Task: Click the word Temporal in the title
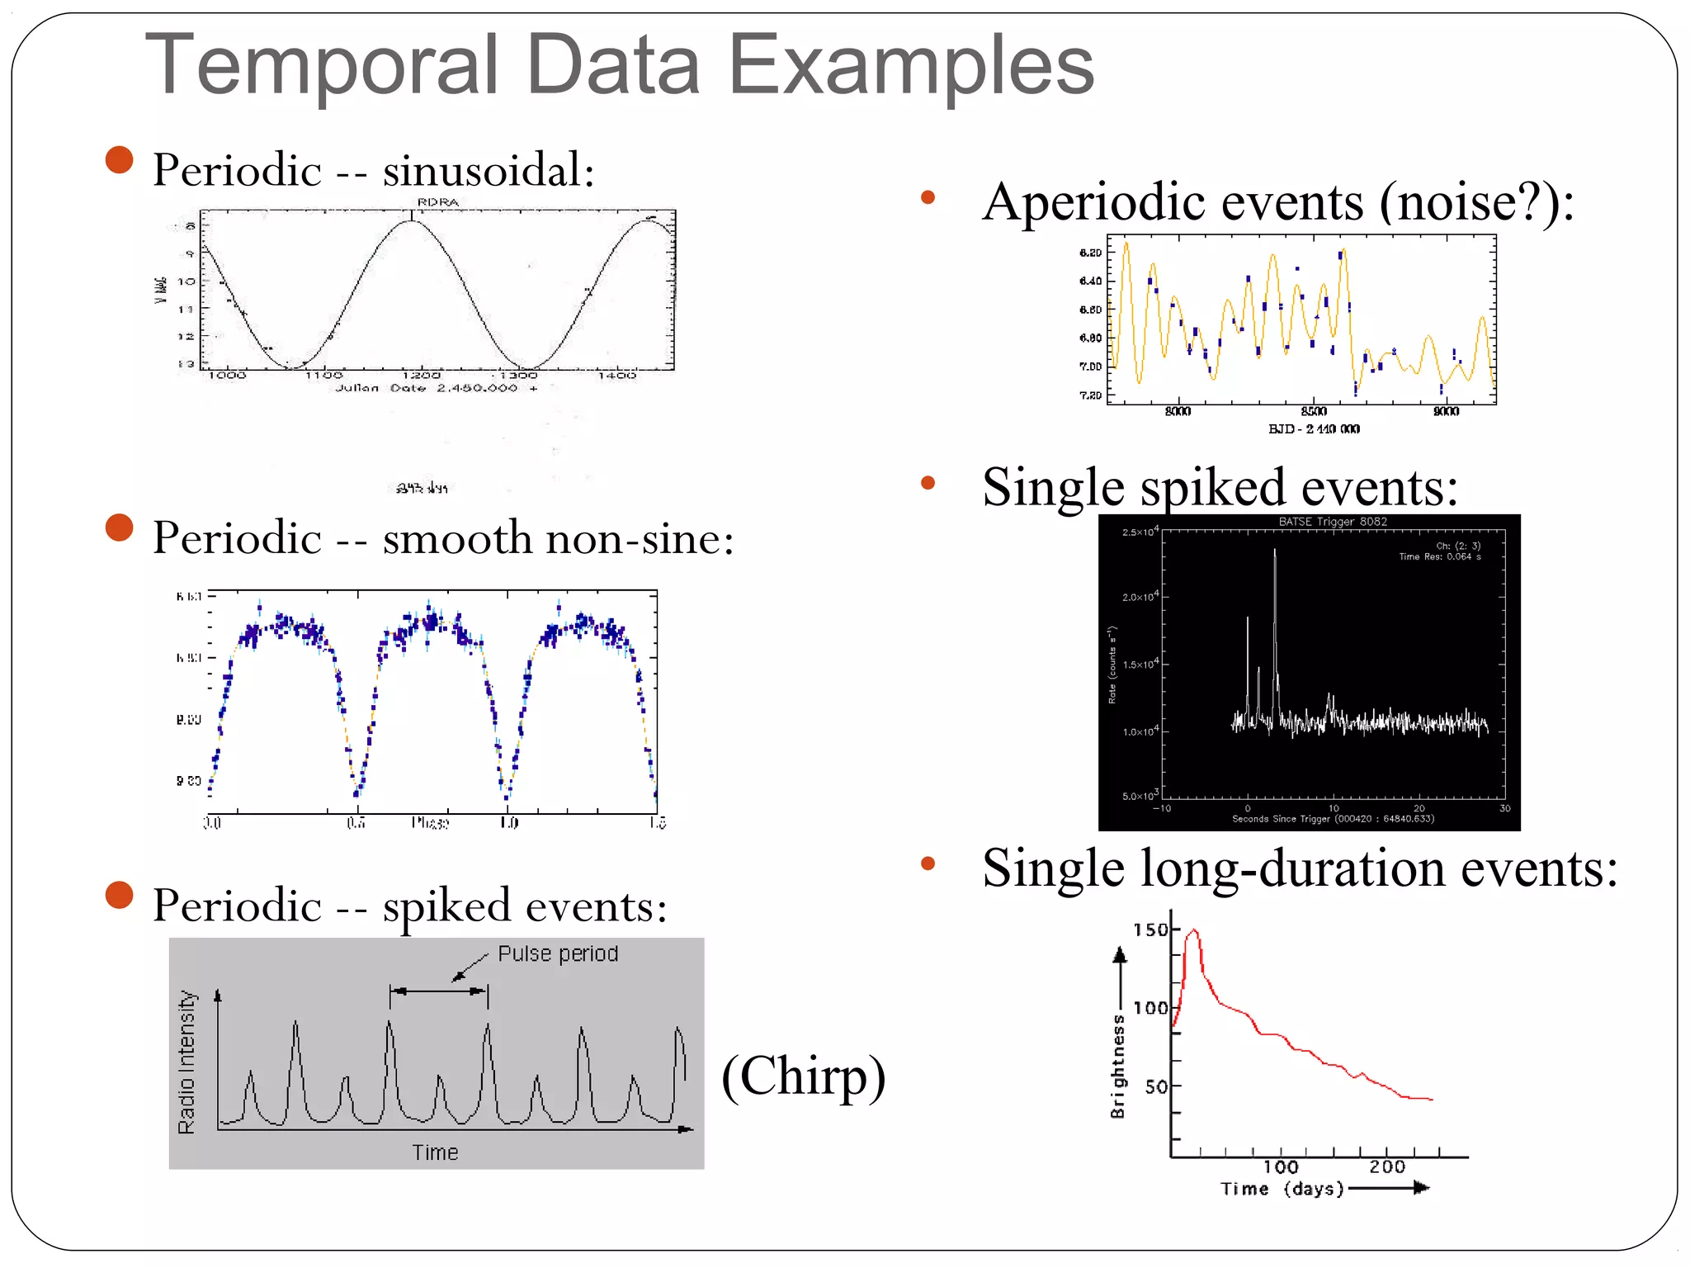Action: pyautogui.click(x=322, y=66)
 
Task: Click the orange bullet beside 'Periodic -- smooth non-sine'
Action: pyautogui.click(x=120, y=528)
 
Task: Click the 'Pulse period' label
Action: pyautogui.click(x=558, y=953)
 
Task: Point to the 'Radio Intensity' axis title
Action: pyautogui.click(x=187, y=1062)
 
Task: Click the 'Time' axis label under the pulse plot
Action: pyautogui.click(x=435, y=1152)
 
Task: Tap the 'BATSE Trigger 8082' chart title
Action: pyautogui.click(x=1333, y=522)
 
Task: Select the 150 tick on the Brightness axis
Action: pyautogui.click(x=1150, y=930)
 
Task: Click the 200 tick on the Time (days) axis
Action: pyautogui.click(x=1387, y=1166)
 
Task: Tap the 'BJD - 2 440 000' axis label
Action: pyautogui.click(x=1314, y=428)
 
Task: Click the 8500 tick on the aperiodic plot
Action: pyautogui.click(x=1314, y=411)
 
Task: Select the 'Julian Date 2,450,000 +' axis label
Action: pyautogui.click(x=436, y=388)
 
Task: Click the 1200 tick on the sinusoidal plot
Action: pyautogui.click(x=421, y=375)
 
